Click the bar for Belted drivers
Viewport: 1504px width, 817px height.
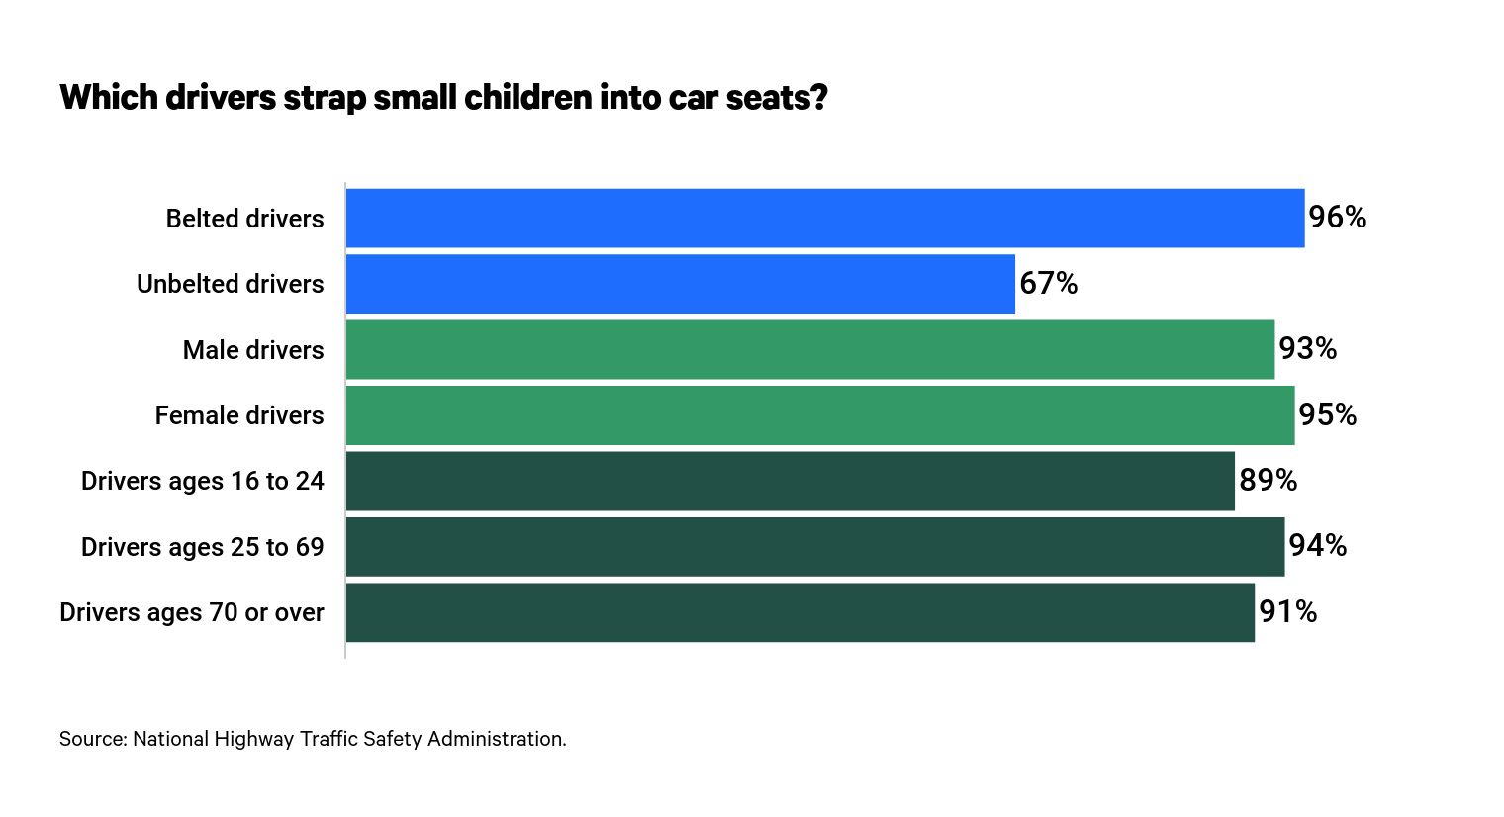pos(824,218)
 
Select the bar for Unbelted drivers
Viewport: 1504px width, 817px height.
pos(680,284)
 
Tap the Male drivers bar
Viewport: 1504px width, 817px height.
pos(809,349)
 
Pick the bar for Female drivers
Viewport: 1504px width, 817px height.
pos(819,415)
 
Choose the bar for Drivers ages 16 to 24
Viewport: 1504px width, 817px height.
pos(790,481)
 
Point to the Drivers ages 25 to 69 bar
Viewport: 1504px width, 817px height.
pos(814,546)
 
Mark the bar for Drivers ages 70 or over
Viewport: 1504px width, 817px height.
pos(799,612)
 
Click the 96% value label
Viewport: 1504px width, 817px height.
pos(1337,218)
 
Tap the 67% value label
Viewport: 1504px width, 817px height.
pos(1048,284)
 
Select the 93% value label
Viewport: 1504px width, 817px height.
pos(1307,349)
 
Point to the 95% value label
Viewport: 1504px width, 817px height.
pos(1327,415)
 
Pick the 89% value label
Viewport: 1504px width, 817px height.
pos(1268,481)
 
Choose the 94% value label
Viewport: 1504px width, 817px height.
pos(1317,546)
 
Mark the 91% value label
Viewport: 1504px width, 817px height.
pos(1287,612)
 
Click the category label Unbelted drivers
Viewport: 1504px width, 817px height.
pos(230,284)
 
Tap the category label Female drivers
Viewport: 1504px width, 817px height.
pos(238,415)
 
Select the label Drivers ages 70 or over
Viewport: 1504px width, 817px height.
pos(191,612)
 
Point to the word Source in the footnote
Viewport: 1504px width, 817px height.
pos(92,739)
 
